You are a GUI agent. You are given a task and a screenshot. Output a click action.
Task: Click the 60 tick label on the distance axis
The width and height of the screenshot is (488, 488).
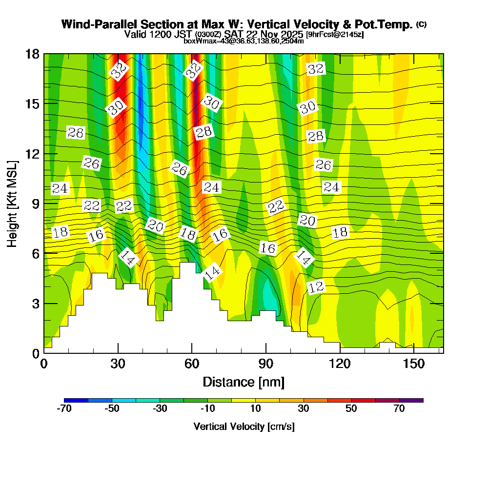192,364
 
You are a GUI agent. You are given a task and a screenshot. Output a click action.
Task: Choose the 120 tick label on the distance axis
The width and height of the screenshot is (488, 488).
340,364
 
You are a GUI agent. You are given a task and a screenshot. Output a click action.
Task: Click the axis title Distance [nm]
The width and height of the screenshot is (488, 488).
244,382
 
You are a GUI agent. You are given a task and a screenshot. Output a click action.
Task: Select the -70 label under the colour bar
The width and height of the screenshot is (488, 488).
64,409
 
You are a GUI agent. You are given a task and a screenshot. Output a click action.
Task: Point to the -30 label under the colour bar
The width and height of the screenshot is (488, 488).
161,409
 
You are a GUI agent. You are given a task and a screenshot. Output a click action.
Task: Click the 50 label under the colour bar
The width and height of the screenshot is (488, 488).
352,409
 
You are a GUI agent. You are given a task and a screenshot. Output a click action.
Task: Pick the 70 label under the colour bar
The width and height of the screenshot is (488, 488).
399,409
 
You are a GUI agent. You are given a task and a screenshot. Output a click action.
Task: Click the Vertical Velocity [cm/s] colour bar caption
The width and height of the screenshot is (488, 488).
244,427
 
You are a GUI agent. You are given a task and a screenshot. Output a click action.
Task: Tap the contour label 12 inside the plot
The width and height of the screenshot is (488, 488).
316,287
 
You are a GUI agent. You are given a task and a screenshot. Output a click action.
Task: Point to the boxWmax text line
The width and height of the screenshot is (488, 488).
244,41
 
